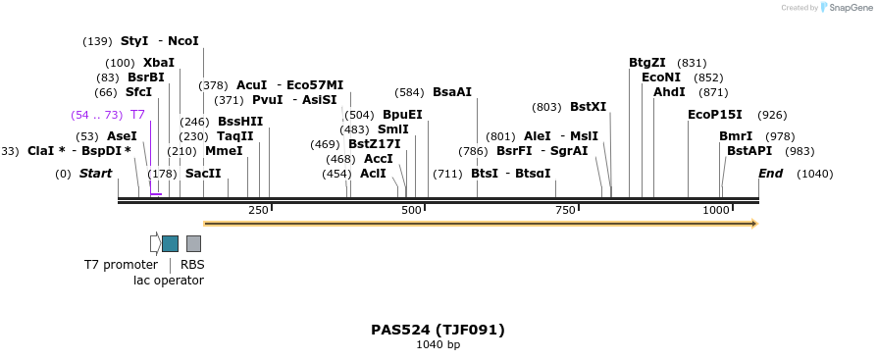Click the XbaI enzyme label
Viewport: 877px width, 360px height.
(159, 63)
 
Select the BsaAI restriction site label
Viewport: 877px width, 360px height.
(452, 92)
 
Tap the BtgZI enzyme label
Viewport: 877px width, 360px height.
(647, 63)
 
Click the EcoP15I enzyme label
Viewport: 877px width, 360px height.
(715, 115)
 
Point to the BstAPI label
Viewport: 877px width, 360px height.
(749, 151)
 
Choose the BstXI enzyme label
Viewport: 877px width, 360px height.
(589, 107)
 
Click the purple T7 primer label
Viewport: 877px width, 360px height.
(137, 115)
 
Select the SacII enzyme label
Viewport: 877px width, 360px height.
(203, 174)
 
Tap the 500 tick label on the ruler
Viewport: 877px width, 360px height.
(412, 211)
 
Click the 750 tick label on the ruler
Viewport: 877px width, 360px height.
(565, 211)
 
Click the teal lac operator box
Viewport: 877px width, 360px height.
(170, 243)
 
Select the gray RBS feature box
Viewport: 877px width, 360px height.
(193, 243)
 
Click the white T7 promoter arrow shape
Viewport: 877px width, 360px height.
(155, 243)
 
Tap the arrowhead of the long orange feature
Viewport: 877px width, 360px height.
(753, 224)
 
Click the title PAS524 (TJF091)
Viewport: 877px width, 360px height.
(438, 330)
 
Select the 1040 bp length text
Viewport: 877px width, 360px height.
(438, 344)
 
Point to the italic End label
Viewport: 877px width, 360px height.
(770, 174)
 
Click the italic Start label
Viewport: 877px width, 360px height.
(95, 174)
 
